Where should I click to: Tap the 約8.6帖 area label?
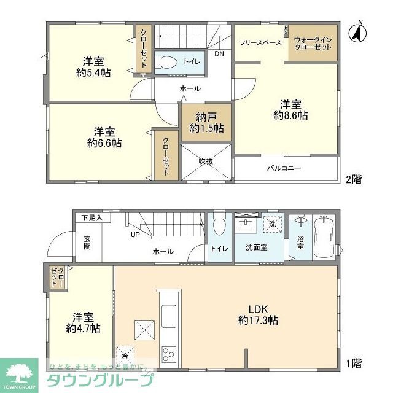tap(290, 115)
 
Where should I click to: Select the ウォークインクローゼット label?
tap(313, 43)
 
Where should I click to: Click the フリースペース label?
tap(261, 42)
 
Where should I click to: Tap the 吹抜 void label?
tap(206, 161)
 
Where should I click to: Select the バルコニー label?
tap(282, 168)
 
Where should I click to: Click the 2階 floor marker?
tap(353, 179)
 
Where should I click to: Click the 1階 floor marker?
tap(353, 364)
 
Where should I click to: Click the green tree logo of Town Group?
tap(18, 371)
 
